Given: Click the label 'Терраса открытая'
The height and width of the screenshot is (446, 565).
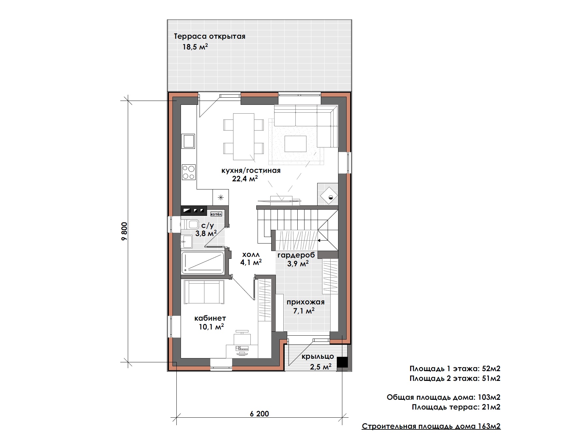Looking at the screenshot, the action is click(x=210, y=36).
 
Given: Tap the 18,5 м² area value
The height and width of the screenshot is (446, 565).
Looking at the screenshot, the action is click(x=195, y=47).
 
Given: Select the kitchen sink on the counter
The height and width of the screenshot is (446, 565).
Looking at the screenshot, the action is click(x=188, y=141).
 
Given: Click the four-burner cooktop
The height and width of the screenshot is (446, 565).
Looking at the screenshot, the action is click(x=188, y=172).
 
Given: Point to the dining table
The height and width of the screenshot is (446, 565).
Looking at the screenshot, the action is click(x=244, y=137).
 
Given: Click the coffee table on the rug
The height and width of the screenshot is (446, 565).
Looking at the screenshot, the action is click(x=295, y=144).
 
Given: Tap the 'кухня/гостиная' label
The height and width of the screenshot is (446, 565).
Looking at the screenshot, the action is click(x=251, y=171).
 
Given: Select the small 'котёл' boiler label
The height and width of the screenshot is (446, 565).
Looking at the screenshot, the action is click(x=216, y=214).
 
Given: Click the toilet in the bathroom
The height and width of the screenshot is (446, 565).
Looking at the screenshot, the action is click(x=190, y=224).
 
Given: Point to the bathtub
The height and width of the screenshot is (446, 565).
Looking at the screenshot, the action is click(x=203, y=263).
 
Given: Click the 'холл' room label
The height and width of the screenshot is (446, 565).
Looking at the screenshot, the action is click(x=251, y=255).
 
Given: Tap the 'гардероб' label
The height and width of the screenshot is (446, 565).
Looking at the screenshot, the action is click(x=296, y=255).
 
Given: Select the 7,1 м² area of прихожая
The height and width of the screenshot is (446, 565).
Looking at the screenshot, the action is click(x=304, y=311).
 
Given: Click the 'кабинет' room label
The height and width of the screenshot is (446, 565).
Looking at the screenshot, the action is click(x=210, y=318).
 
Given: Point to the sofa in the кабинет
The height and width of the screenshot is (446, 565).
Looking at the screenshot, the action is click(x=204, y=292).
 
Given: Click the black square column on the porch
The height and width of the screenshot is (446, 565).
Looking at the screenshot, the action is click(x=342, y=362).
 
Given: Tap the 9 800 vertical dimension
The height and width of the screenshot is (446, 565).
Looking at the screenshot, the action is click(x=124, y=231).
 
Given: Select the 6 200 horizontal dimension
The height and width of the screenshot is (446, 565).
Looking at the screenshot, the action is click(x=260, y=414).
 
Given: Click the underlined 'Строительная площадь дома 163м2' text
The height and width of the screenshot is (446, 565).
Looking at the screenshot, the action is click(x=431, y=426).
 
